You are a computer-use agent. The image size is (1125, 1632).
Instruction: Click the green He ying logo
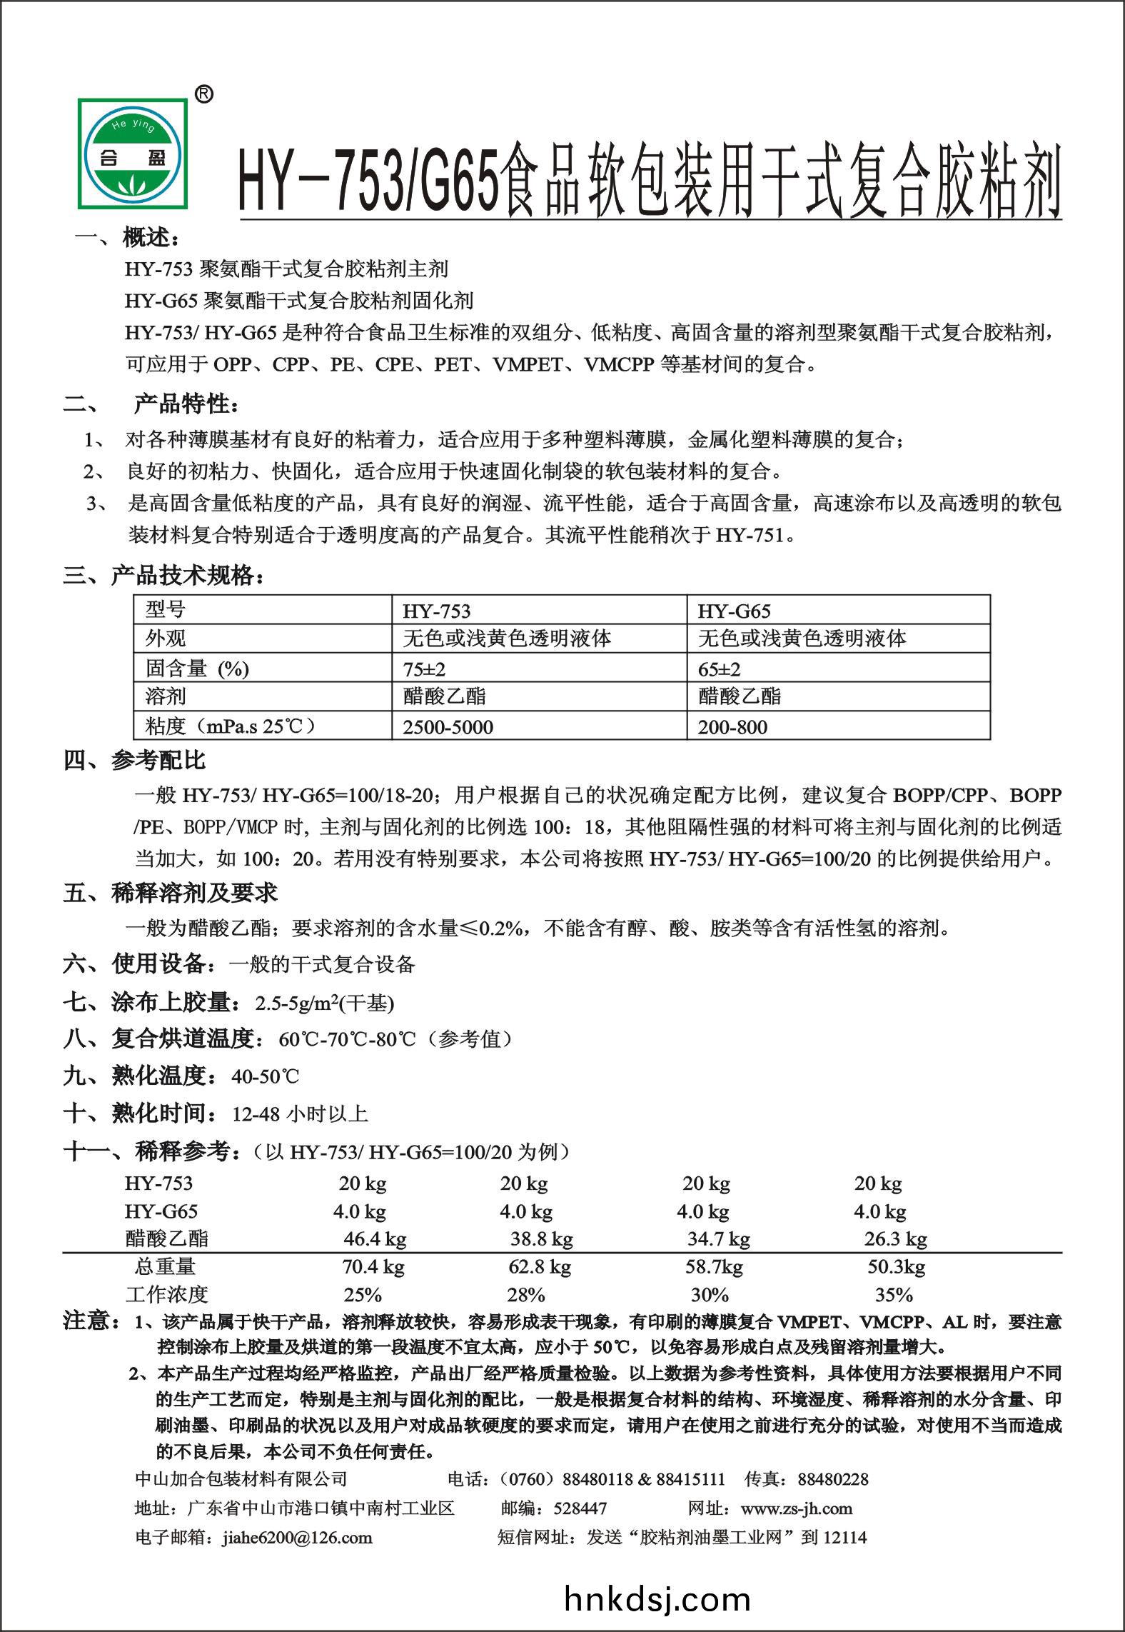(132, 153)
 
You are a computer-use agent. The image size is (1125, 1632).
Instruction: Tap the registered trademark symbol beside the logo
(203, 95)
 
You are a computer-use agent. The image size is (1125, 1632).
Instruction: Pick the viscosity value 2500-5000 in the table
(448, 727)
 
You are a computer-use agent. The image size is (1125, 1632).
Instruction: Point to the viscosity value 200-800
(732, 727)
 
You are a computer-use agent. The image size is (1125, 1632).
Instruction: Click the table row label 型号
(166, 609)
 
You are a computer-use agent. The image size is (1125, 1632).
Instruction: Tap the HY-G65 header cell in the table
(734, 611)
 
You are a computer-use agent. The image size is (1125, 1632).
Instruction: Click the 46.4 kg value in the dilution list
(375, 1238)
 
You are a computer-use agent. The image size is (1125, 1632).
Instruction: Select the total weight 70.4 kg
(373, 1267)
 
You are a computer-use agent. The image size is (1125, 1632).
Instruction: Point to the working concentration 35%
(894, 1295)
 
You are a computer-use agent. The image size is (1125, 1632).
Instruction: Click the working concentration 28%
(526, 1295)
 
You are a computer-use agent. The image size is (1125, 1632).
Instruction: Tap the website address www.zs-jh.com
(797, 1508)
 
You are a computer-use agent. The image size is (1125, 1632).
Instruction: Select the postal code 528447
(580, 1508)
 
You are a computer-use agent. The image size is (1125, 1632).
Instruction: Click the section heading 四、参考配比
(135, 761)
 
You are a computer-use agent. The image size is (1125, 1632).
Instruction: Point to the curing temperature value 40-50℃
(266, 1076)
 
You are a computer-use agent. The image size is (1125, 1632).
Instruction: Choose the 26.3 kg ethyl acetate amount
(895, 1238)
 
